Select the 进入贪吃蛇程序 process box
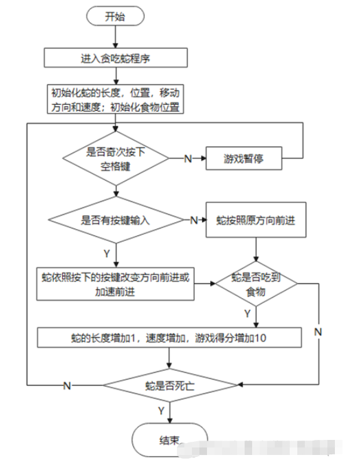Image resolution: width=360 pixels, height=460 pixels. coord(115,58)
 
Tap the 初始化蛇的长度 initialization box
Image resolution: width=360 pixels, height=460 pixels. coord(115,99)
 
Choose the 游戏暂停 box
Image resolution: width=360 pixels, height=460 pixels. coord(243,159)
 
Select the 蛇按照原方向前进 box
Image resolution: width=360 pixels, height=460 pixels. coord(255,220)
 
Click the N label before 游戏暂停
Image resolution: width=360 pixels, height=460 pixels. coord(188,159)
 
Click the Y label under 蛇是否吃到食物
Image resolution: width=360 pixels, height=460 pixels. coord(247,312)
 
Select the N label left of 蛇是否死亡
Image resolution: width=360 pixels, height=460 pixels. coord(66,384)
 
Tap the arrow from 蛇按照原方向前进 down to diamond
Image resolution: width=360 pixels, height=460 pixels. coord(256,250)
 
